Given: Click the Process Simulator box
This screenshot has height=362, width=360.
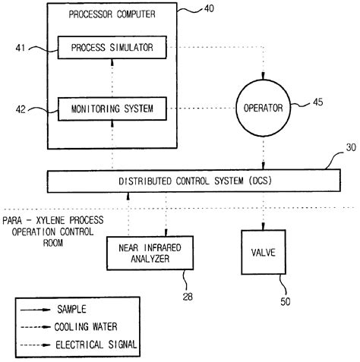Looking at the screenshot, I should tap(112, 48).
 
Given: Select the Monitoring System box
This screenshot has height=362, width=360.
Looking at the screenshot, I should tap(112, 109).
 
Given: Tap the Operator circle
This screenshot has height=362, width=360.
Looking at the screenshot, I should tap(264, 108).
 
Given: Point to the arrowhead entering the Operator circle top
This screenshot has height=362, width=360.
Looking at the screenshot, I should tap(264, 76).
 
